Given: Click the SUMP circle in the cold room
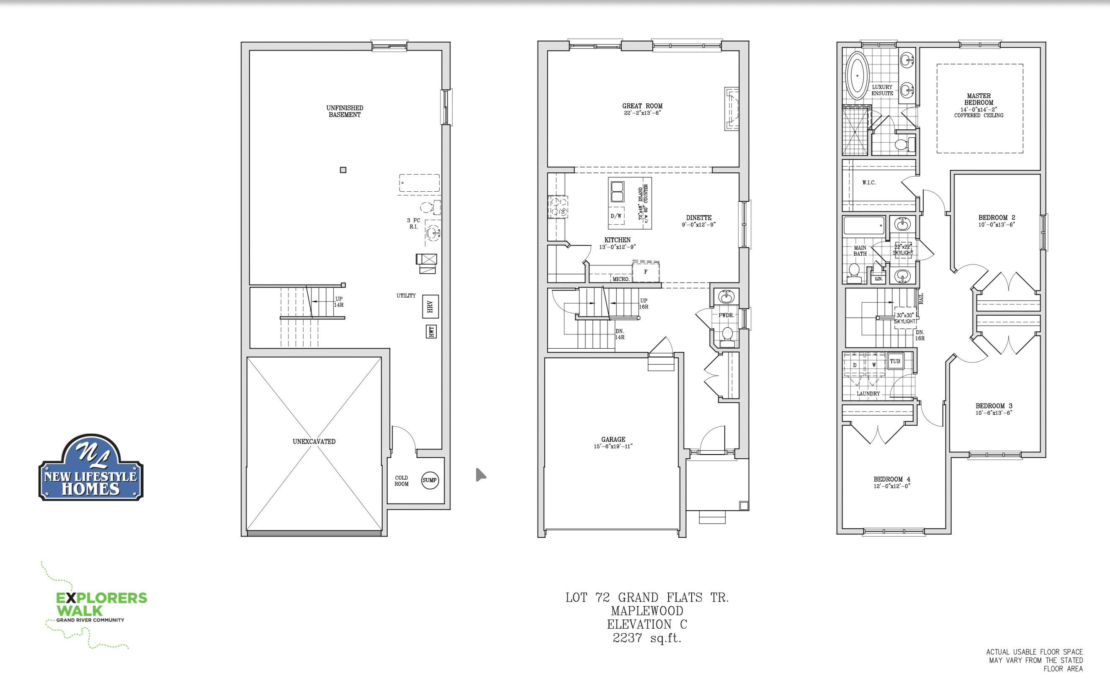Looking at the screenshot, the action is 430,480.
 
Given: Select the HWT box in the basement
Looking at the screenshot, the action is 431,331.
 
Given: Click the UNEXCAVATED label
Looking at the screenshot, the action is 314,442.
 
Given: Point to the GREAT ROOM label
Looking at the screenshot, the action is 642,106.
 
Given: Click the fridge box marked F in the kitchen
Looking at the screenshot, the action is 646,272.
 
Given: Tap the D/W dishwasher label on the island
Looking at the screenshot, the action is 616,216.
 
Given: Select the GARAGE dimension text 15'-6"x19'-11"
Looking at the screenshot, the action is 613,446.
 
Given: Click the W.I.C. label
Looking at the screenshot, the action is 869,183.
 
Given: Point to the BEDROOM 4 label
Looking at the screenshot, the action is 892,479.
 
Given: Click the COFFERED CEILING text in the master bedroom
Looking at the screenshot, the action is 979,116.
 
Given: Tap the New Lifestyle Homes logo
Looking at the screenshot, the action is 91,467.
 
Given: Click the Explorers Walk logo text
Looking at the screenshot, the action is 101,604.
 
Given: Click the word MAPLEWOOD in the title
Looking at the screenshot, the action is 647,611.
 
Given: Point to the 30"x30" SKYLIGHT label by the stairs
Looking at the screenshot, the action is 905,318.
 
